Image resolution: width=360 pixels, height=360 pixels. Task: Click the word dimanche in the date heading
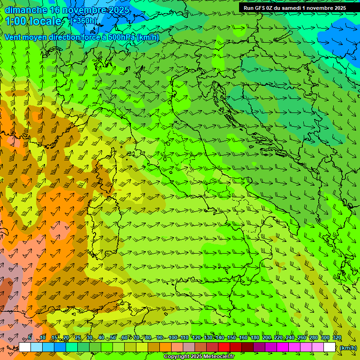click(x=26, y=10)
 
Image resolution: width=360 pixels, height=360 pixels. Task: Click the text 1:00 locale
click(x=34, y=21)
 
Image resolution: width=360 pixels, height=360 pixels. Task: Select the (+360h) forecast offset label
click(x=84, y=21)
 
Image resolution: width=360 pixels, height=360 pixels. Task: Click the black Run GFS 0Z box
click(x=294, y=8)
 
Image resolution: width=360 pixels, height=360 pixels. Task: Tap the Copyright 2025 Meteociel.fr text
click(x=199, y=357)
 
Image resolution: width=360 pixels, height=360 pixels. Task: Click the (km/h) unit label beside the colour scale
click(x=348, y=348)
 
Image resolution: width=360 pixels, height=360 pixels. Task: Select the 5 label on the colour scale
click(x=30, y=338)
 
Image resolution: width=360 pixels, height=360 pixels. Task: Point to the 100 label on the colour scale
click(x=173, y=338)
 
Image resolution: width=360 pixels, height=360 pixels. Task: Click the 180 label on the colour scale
click(x=255, y=338)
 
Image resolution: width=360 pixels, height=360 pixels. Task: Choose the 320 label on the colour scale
click(x=337, y=338)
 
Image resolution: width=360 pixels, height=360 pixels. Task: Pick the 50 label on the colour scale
click(x=113, y=338)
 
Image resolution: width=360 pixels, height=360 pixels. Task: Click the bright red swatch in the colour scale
click(x=224, y=347)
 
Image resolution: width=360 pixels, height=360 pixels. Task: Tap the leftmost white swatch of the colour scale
click(x=25, y=347)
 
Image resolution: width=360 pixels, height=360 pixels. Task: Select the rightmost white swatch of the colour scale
click(x=330, y=347)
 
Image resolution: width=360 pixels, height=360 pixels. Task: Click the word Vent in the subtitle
click(x=13, y=37)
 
